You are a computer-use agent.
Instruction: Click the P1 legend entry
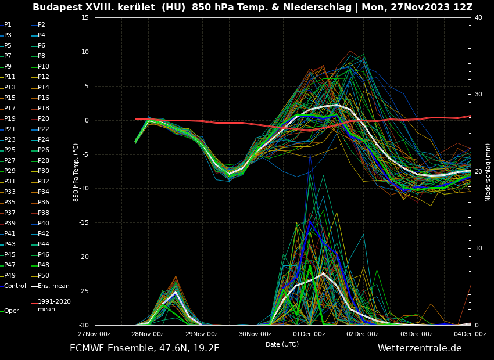(x=8, y=25)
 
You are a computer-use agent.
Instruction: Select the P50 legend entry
(x=44, y=276)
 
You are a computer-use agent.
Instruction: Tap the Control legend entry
(x=15, y=286)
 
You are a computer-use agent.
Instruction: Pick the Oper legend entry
(x=12, y=311)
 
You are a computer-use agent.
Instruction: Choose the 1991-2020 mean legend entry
(x=54, y=305)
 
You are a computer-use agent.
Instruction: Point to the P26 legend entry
(x=44, y=150)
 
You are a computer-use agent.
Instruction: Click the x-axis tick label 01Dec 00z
(x=309, y=334)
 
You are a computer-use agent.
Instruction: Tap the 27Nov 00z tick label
(x=94, y=334)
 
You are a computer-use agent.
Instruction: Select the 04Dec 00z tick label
(x=470, y=334)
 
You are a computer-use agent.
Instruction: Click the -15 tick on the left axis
(x=85, y=223)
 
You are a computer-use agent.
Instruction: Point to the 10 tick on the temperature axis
(x=85, y=52)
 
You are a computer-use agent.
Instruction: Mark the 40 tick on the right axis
(x=478, y=18)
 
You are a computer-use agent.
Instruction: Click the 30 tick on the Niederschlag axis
(x=478, y=95)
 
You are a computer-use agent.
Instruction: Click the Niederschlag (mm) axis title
(x=488, y=172)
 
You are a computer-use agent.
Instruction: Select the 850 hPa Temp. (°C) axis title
(x=76, y=172)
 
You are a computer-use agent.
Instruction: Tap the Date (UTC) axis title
(x=282, y=344)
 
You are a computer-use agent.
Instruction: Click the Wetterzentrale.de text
(x=420, y=348)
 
